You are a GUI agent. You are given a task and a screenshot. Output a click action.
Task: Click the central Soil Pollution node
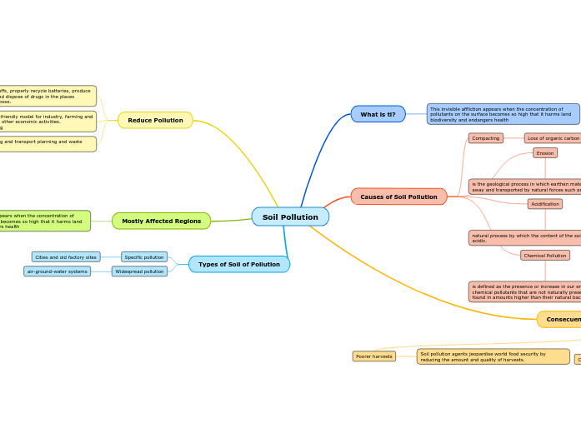[290, 216]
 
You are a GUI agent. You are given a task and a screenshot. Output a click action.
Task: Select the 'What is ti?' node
[378, 114]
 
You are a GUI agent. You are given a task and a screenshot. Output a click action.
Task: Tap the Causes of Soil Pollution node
[398, 197]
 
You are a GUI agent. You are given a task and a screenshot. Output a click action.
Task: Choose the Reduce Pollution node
[155, 120]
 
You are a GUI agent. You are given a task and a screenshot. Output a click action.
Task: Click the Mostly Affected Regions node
[161, 221]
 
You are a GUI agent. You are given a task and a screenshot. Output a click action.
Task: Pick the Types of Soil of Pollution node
[239, 264]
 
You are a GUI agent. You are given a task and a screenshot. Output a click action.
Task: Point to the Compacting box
[486, 138]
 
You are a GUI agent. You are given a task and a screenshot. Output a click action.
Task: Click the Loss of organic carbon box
[553, 138]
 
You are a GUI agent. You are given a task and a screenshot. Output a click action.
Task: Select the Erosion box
[545, 153]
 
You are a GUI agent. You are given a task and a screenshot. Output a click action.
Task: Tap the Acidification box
[545, 204]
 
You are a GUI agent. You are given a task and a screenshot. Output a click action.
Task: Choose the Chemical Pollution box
[545, 256]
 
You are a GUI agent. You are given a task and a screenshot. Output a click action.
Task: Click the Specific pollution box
[144, 257]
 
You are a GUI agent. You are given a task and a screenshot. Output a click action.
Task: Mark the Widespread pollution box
[139, 271]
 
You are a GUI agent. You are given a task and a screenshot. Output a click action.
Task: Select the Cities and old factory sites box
[66, 257]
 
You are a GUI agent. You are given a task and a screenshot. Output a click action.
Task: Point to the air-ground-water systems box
[57, 271]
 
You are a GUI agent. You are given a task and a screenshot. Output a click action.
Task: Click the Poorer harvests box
[373, 356]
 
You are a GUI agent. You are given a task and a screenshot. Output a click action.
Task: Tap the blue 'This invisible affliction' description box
[503, 114]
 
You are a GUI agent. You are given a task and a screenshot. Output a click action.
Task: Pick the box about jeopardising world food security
[493, 356]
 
